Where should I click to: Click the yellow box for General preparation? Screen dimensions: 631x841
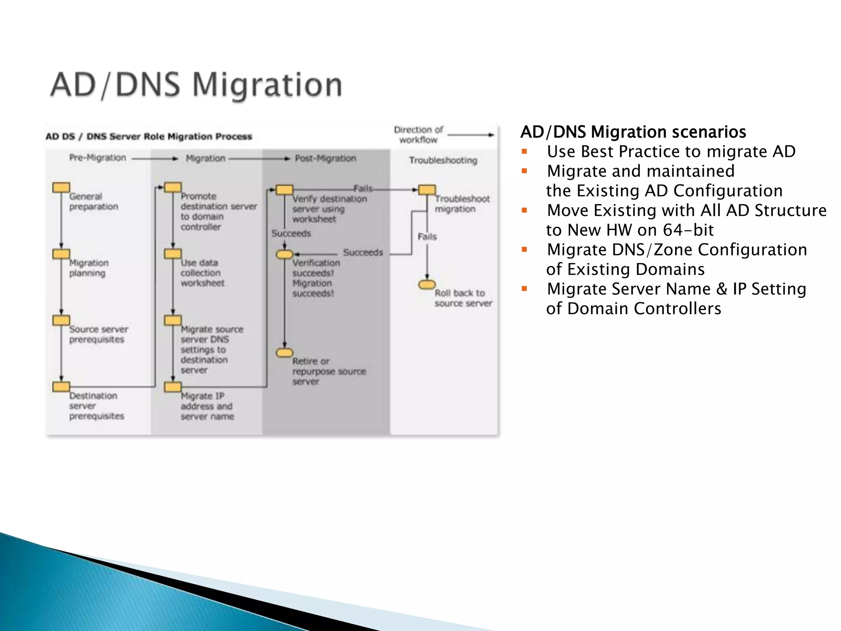tap(61, 188)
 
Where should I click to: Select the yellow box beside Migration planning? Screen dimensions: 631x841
tap(61, 254)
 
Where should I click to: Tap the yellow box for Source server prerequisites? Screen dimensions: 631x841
tap(61, 320)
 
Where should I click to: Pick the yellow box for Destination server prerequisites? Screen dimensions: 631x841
tap(61, 387)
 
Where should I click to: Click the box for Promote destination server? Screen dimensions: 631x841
tap(172, 188)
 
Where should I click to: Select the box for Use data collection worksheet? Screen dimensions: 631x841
tap(172, 254)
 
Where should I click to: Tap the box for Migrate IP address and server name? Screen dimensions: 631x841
tap(172, 387)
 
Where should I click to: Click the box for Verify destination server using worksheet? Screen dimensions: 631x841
tap(284, 190)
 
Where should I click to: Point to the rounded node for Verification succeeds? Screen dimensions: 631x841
tap(284, 255)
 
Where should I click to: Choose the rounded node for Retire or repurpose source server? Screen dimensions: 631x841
tap(284, 353)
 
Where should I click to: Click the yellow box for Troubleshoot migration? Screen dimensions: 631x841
tap(427, 190)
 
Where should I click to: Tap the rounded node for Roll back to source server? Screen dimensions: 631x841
tap(427, 284)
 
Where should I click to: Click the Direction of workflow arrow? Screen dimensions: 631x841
tap(471, 135)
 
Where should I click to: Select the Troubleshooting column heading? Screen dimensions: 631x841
tap(443, 160)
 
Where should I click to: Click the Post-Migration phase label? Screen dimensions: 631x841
tap(325, 159)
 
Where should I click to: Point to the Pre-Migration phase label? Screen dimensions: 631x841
tap(97, 158)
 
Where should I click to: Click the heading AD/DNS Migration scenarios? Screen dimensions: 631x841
tap(633, 132)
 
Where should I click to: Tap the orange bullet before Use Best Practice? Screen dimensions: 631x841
tap(524, 152)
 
